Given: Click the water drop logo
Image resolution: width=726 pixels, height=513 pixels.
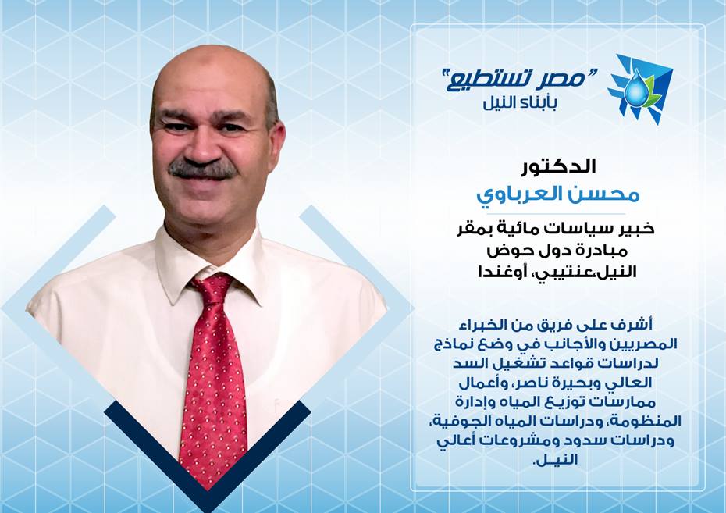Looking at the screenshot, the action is coord(640,88).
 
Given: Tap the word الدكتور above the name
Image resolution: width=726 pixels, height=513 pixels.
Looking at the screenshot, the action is coord(558,166).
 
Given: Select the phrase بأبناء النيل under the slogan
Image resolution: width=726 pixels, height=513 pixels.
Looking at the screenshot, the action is coord(520,104).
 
